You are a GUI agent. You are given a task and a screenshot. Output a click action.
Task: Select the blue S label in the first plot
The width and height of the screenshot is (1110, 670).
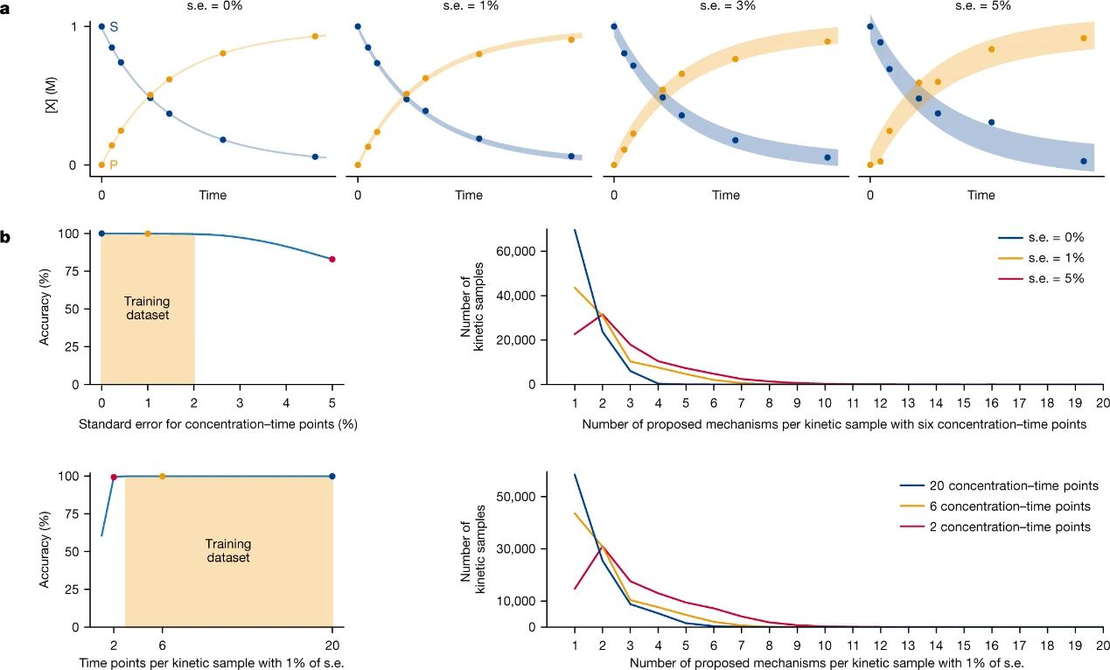(x=114, y=28)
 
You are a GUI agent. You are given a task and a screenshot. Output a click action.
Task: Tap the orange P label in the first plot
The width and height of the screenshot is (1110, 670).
(x=114, y=165)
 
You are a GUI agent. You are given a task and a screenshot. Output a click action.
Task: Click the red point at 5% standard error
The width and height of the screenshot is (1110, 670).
(x=332, y=259)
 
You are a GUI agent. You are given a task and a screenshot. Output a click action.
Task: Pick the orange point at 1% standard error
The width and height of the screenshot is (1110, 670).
(x=147, y=234)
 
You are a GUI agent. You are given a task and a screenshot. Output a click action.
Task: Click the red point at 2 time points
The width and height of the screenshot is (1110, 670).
(x=114, y=478)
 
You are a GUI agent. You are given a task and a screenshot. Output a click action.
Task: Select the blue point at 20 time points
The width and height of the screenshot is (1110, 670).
(x=332, y=477)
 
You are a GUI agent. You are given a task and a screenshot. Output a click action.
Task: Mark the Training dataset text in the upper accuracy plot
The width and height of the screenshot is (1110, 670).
(x=147, y=309)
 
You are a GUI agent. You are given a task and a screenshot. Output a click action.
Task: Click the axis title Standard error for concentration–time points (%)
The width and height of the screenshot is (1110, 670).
(x=218, y=425)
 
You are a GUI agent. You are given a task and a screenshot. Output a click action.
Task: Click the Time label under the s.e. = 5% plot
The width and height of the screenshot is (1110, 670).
(x=981, y=195)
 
